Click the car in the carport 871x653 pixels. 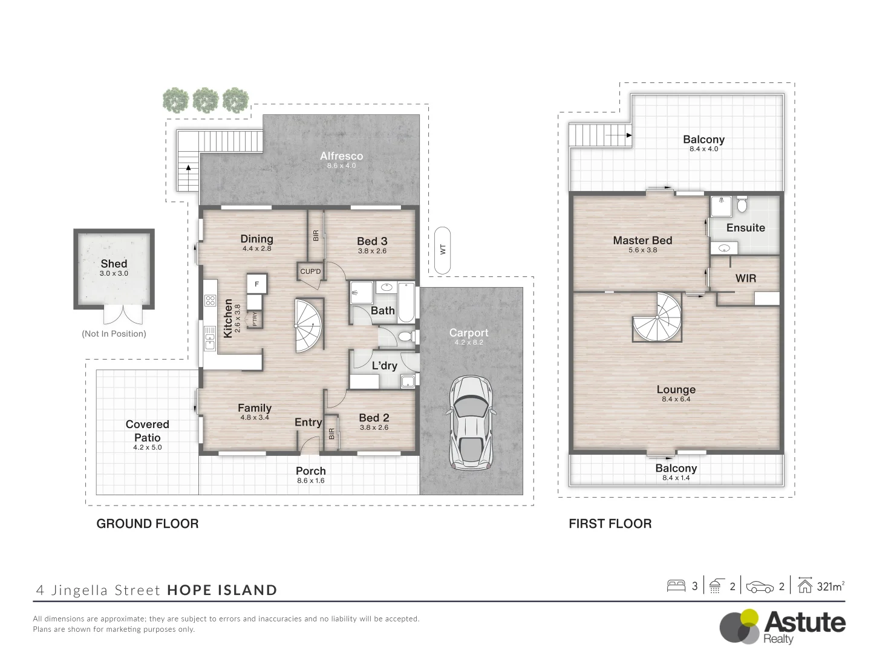coord(471,423)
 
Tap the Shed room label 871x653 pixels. coord(114,264)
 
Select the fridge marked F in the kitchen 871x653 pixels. coord(256,284)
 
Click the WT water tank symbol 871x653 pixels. coord(442,250)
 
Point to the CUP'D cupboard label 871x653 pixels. coord(310,271)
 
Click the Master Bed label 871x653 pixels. coord(642,240)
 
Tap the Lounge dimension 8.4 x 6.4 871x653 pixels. coord(676,399)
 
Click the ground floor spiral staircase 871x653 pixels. coord(309,326)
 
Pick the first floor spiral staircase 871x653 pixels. coord(657,317)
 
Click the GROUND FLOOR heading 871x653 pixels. coord(148,524)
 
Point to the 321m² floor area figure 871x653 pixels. coord(830,586)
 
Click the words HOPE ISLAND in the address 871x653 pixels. coord(222,590)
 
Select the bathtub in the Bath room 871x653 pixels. coord(406,302)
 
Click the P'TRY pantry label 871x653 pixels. coord(255,319)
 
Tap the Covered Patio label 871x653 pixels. coord(147,431)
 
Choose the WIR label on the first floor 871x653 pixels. coord(746,278)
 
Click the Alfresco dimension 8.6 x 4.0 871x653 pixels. coord(341,166)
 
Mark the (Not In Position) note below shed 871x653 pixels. coord(114,334)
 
